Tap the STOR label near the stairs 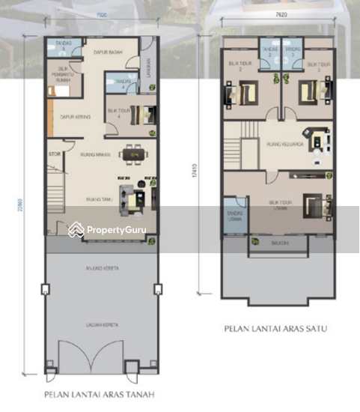tap(54, 155)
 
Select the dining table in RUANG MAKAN tap(134, 154)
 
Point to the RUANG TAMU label tap(99, 199)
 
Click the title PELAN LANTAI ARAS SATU tap(276, 328)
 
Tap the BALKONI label tap(276, 241)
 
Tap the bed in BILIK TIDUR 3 tap(309, 94)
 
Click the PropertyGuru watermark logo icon tap(76, 229)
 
